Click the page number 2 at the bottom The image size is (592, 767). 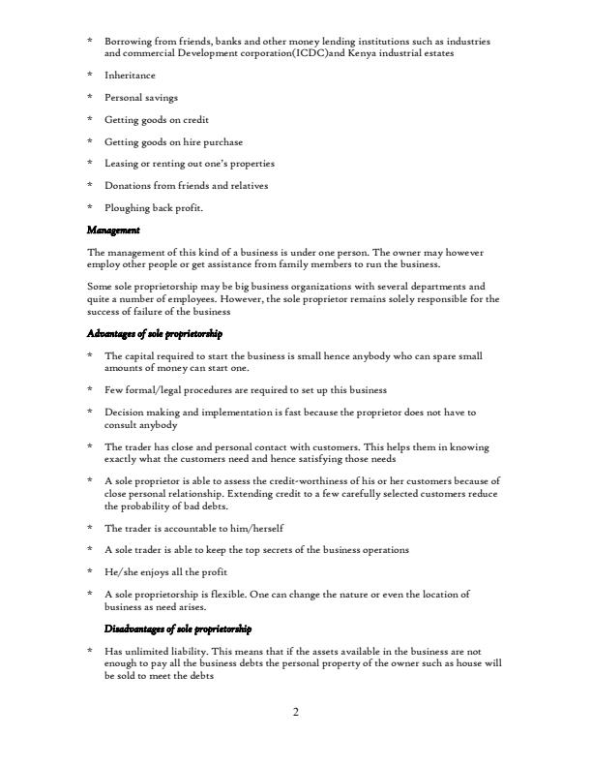(x=296, y=713)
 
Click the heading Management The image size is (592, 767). (x=113, y=230)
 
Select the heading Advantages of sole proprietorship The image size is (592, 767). (x=155, y=333)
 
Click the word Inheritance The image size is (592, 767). (x=130, y=76)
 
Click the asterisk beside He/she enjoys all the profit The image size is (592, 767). (x=90, y=571)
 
